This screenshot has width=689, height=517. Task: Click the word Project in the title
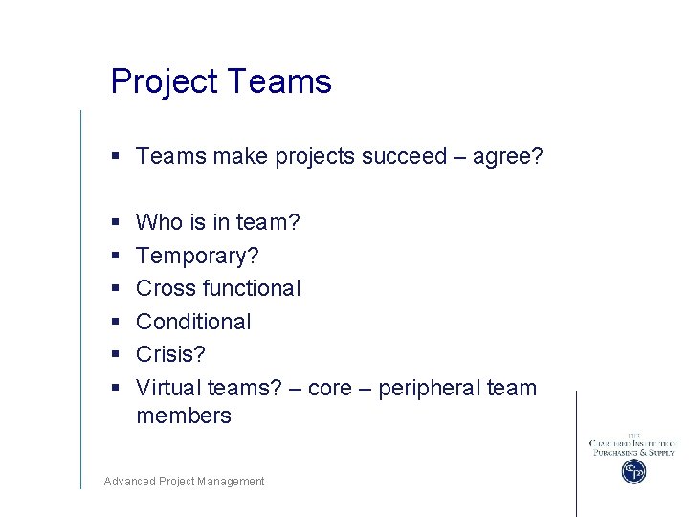click(x=165, y=81)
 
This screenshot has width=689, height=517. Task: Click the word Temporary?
click(x=197, y=257)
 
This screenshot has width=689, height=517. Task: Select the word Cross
click(x=166, y=288)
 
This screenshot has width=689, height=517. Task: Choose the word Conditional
click(x=193, y=322)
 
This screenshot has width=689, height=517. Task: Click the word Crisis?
click(x=170, y=354)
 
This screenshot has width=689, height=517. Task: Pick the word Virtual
click(x=167, y=388)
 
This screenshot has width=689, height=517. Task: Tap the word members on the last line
click(x=184, y=416)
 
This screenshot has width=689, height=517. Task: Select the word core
click(x=330, y=389)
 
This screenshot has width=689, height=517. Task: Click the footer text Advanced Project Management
click(x=184, y=482)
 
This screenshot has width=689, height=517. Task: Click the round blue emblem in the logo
click(x=633, y=471)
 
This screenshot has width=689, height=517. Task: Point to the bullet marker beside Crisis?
click(x=114, y=355)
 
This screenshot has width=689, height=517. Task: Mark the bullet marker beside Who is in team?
click(x=114, y=223)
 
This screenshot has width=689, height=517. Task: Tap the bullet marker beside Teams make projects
click(x=114, y=157)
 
